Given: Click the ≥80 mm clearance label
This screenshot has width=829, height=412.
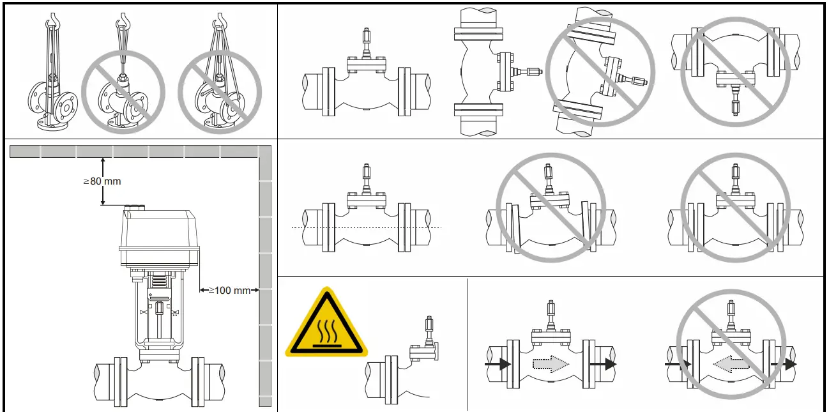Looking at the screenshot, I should (102, 181).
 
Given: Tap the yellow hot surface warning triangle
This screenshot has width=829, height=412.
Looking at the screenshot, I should (326, 324).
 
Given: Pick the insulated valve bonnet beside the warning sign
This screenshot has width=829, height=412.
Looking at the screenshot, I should (422, 349).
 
